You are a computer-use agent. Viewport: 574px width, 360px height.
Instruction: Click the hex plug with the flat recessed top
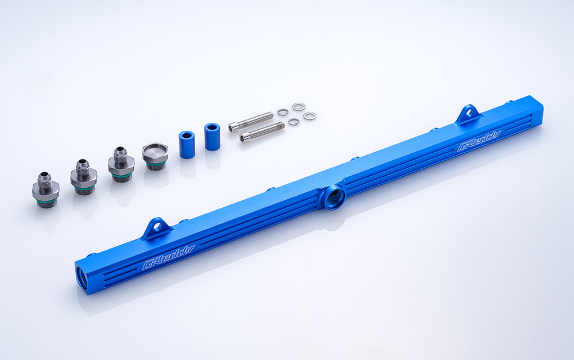pos(155,156)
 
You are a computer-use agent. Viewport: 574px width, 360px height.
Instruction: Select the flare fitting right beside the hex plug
pos(121,164)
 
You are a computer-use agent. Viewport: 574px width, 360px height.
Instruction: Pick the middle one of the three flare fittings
pos(84,177)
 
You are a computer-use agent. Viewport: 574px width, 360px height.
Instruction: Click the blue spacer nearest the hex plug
pos(187,145)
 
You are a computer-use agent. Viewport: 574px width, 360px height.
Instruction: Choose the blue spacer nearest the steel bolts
pos(212,137)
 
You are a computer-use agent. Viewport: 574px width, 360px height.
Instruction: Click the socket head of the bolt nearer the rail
pos(245,137)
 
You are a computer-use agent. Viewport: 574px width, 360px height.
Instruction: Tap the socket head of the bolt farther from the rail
pos(234,127)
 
